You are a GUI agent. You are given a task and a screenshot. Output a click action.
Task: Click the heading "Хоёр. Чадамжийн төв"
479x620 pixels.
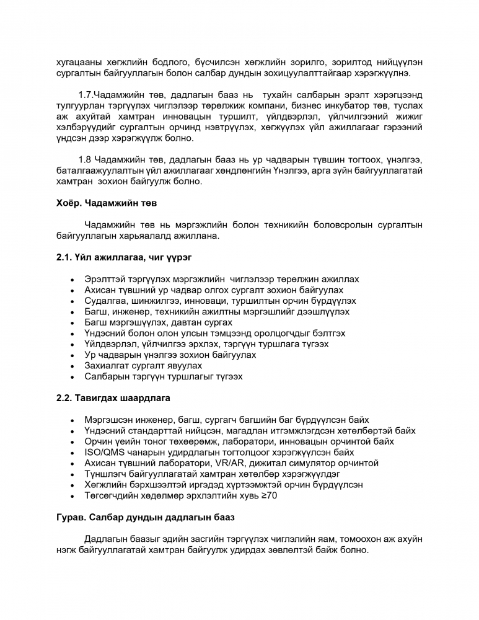coord(107,202)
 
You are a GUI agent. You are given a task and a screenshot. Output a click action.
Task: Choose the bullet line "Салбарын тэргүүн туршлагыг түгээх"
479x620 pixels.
coord(164,376)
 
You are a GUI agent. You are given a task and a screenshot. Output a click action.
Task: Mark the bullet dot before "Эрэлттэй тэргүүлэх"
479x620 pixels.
coord(74,279)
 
